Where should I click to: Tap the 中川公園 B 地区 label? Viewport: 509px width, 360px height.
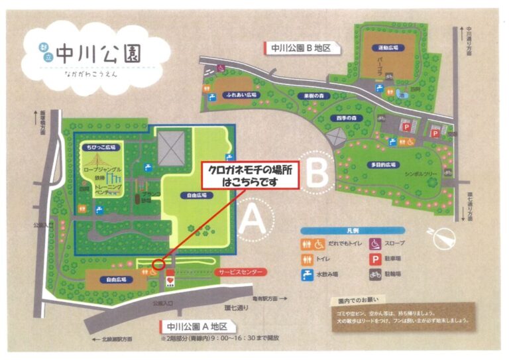coord(302,48)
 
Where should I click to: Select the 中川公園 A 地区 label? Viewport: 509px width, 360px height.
coord(198,327)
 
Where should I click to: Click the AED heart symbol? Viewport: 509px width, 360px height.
coord(170,280)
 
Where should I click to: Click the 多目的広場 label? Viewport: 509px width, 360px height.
coord(382,164)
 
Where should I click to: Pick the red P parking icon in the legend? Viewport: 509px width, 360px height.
coord(373,259)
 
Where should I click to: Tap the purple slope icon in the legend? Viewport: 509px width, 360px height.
coord(373,243)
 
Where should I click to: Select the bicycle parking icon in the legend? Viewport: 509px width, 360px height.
coord(373,273)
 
